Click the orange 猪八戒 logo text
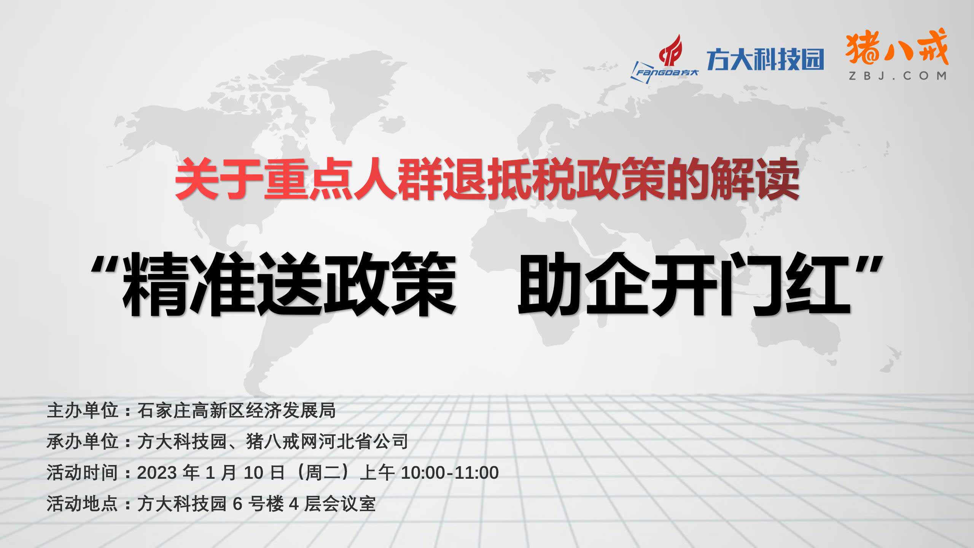(x=897, y=48)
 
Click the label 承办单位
(x=82, y=442)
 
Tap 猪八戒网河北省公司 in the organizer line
(x=327, y=442)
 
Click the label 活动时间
(x=82, y=473)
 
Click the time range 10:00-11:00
(x=450, y=473)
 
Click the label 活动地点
(x=82, y=504)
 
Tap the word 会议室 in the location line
(x=349, y=504)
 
